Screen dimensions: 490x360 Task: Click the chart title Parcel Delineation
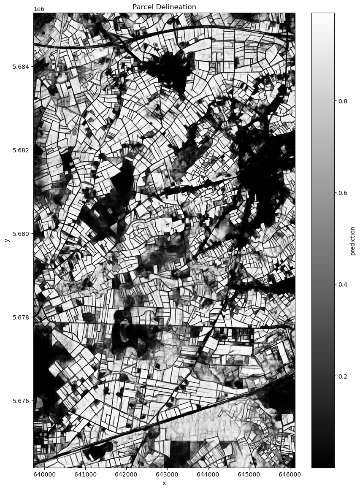(x=164, y=7)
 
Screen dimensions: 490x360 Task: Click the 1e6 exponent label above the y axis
(x=39, y=9)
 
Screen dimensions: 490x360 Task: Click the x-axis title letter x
(x=164, y=483)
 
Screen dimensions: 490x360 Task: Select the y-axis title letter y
(x=7, y=240)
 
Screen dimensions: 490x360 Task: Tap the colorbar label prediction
(x=353, y=241)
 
